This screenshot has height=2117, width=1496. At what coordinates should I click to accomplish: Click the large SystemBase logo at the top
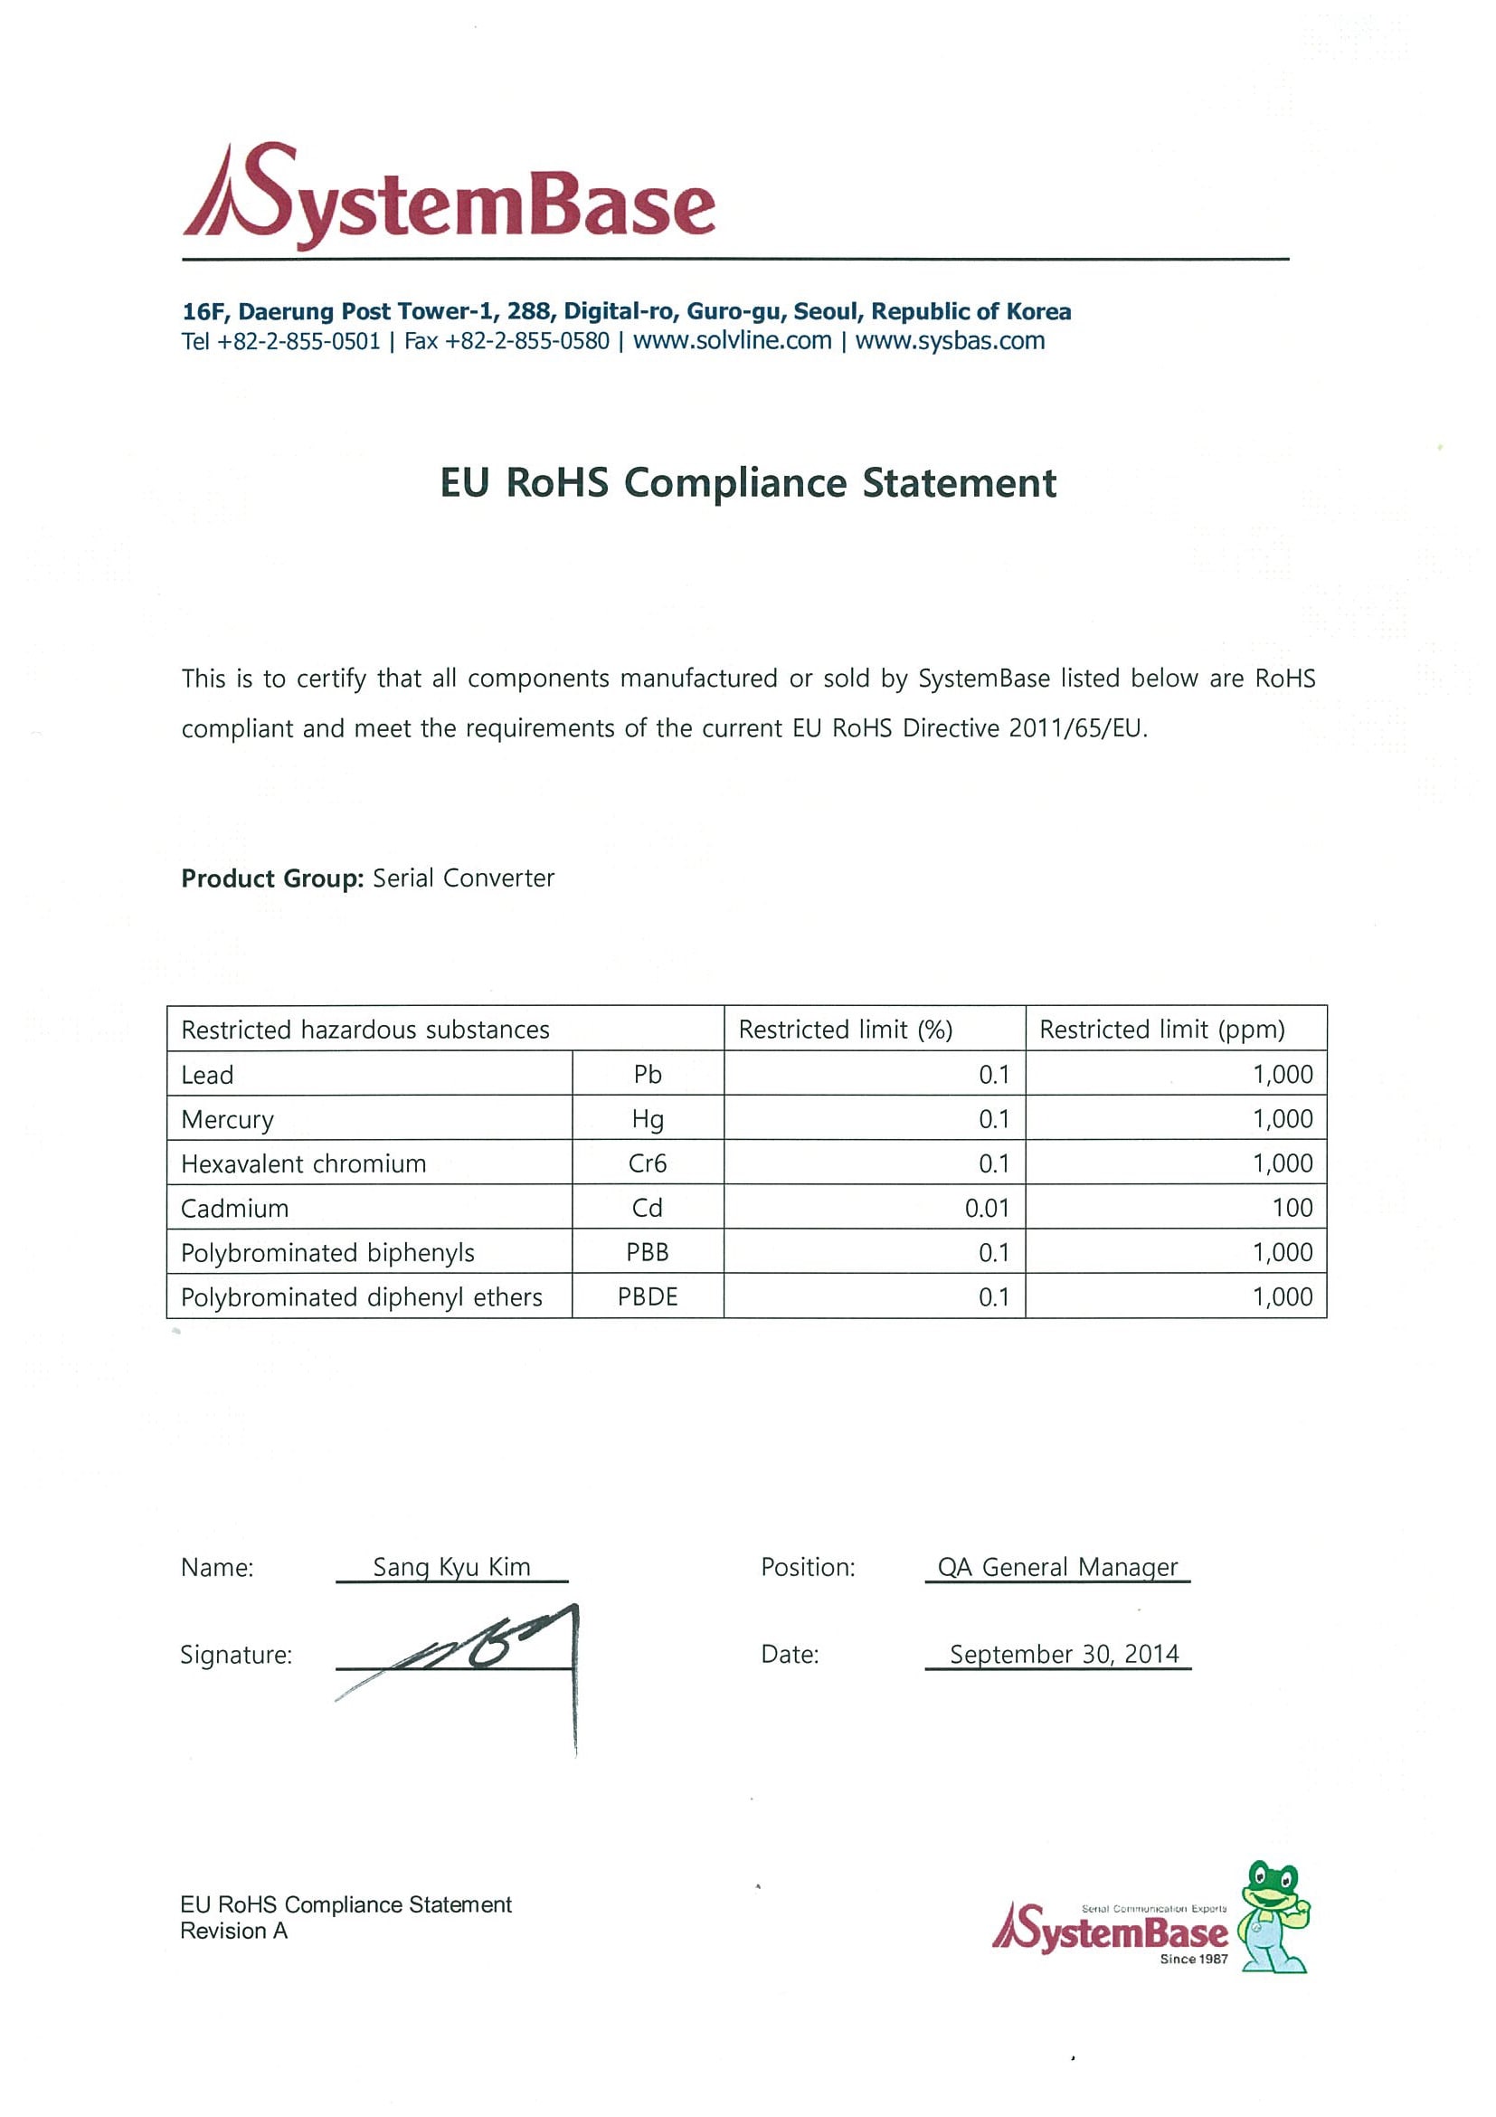coord(449,196)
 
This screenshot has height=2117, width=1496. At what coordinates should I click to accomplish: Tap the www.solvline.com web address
coord(732,341)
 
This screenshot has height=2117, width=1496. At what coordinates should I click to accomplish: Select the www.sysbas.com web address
coord(950,341)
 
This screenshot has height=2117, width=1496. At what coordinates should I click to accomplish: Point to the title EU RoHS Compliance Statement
coord(747,483)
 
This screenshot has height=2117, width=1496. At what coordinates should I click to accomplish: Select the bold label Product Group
coord(272,878)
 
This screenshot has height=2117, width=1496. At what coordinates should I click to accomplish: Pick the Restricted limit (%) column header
coord(846,1029)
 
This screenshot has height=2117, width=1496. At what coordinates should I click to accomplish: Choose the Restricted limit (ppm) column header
coord(1161,1029)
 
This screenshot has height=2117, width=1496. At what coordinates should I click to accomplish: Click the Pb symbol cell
coord(647,1074)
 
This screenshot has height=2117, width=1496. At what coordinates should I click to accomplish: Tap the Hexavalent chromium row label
coord(303,1163)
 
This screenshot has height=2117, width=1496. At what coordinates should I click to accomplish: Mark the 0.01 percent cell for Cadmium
coord(986,1208)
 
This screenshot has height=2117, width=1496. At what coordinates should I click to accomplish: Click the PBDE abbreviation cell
coord(647,1297)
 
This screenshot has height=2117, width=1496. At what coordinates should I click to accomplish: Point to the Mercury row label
coord(227,1119)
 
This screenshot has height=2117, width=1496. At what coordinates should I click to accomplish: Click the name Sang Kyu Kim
coord(451,1568)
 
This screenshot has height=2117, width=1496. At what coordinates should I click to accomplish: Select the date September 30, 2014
coord(1064,1654)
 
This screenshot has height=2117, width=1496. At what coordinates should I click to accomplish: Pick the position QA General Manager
coord(1057,1568)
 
